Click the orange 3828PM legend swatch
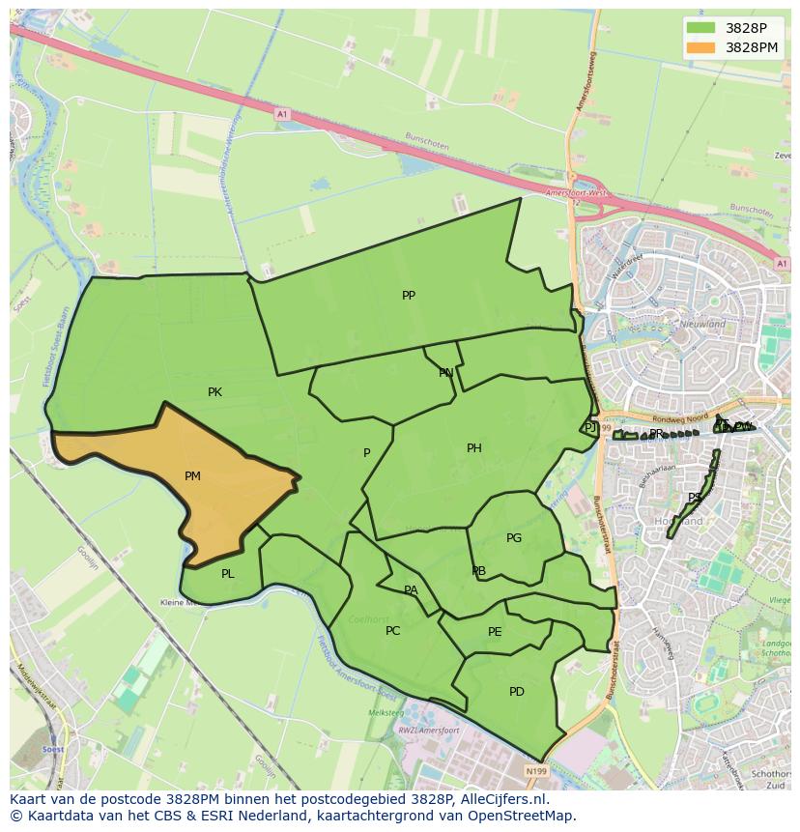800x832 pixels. point(701,46)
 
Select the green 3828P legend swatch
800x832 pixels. point(701,28)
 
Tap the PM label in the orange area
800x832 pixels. point(192,476)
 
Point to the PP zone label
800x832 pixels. point(409,296)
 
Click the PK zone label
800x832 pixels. point(214,392)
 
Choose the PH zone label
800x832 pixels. point(473,448)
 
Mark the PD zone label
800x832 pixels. point(516,692)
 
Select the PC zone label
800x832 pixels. point(392,631)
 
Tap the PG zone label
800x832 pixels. point(513,538)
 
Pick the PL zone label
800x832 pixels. point(227,574)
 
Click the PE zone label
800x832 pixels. point(495,632)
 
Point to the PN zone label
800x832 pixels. point(445,373)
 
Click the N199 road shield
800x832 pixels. point(536,771)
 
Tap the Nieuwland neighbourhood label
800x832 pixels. point(702,325)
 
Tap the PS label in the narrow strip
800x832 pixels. point(694,499)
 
